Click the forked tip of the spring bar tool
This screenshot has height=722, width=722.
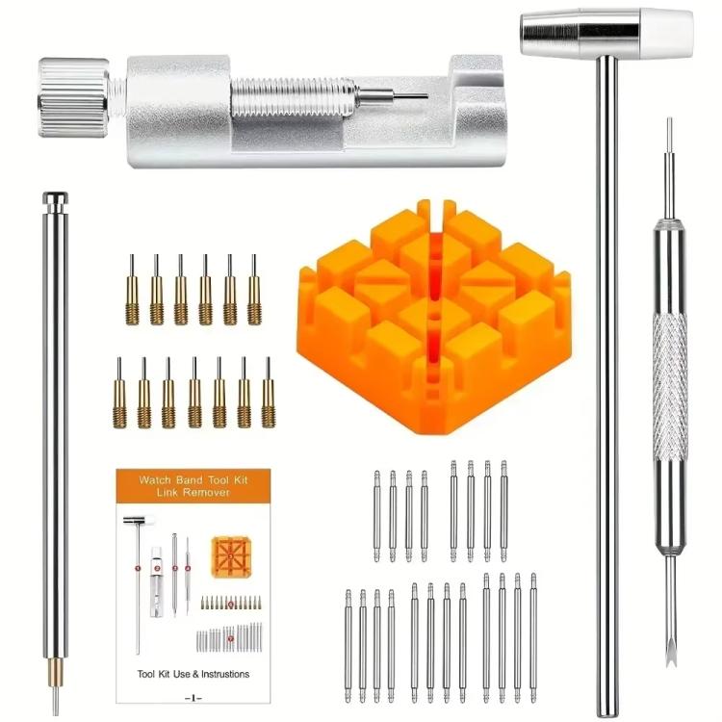pos(668,655)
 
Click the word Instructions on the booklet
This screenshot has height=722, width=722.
pos(221,674)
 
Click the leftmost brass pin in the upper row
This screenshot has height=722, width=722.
pos(132,291)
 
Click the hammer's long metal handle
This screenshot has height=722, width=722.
pos(605,385)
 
